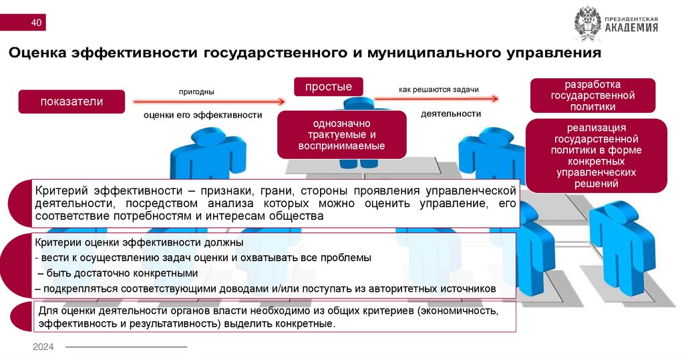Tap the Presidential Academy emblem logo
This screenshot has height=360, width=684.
coord(588,24)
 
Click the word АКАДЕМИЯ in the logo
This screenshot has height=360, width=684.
coord(631,28)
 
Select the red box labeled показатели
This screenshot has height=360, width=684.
coord(71,102)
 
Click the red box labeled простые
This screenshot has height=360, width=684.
coord(329,87)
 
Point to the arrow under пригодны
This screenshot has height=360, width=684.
coord(209,102)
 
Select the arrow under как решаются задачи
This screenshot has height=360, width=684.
coord(436,99)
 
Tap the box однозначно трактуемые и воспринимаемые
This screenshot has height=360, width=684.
coord(342,135)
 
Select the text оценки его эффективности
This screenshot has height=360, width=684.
coord(202,115)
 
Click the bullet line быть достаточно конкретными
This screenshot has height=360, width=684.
coord(119,274)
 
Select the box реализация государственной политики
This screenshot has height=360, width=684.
coord(596,155)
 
